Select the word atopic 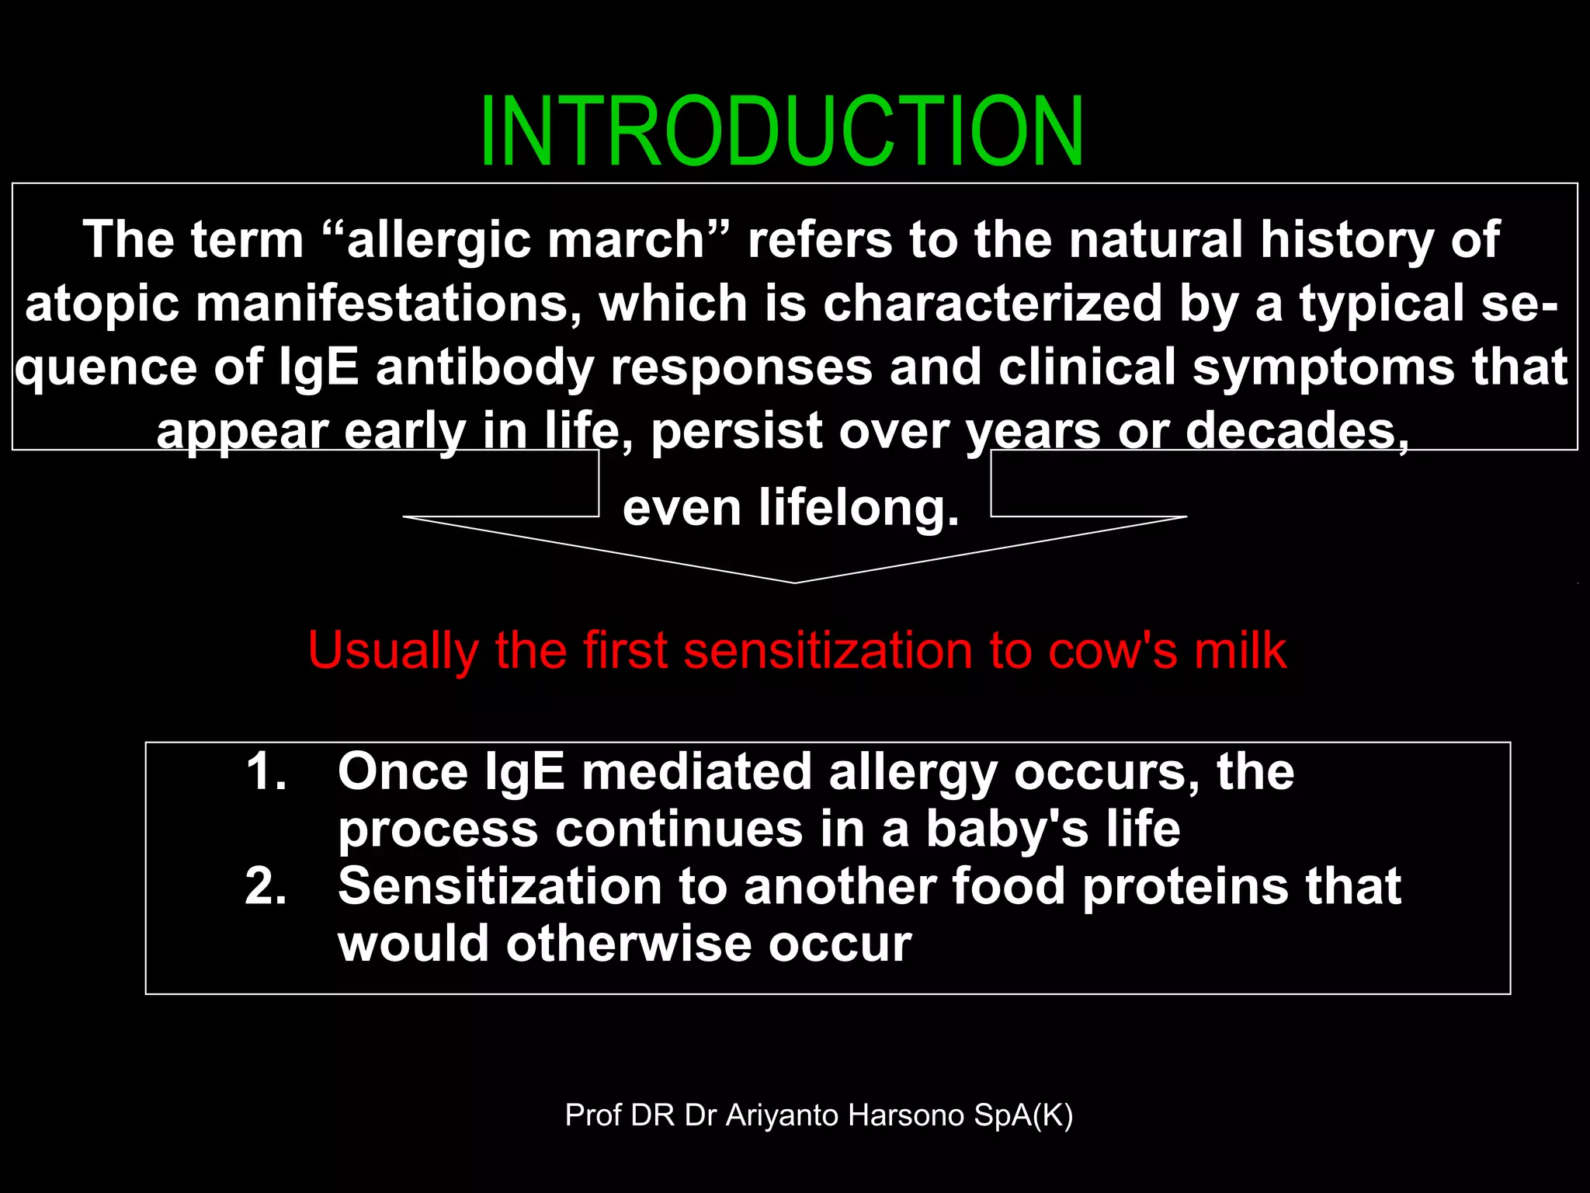(101, 304)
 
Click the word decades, (1297, 430)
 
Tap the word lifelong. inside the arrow (859, 508)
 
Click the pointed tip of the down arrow (794, 581)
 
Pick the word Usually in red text (393, 652)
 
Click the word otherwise (628, 944)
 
